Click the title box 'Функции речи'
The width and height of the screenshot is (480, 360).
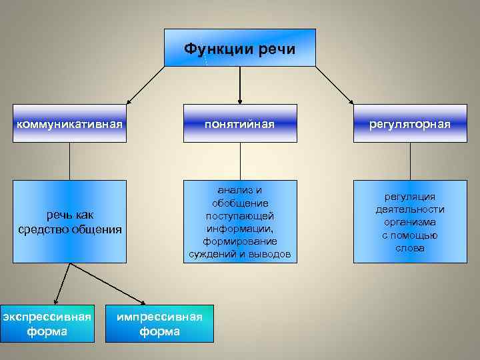pyautogui.click(x=240, y=48)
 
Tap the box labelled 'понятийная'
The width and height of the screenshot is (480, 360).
pyautogui.click(x=240, y=123)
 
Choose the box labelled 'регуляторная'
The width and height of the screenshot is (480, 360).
pyautogui.click(x=410, y=123)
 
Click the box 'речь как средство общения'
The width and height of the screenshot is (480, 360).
pyautogui.click(x=70, y=221)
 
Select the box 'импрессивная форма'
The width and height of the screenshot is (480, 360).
pyautogui.click(x=159, y=323)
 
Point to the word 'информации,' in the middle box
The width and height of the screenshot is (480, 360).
pyautogui.click(x=240, y=228)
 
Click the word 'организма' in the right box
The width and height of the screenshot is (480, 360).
pyautogui.click(x=409, y=222)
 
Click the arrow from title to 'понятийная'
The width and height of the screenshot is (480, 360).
pyautogui.click(x=240, y=83)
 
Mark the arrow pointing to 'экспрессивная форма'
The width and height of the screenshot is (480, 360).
pyautogui.click(x=62, y=283)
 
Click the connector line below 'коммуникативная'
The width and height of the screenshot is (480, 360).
pyautogui.click(x=70, y=161)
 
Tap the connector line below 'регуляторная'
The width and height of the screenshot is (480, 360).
pyautogui.click(x=410, y=161)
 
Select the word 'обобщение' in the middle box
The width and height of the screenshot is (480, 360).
pyautogui.click(x=240, y=203)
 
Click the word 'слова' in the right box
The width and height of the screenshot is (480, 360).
pyautogui.click(x=409, y=248)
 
